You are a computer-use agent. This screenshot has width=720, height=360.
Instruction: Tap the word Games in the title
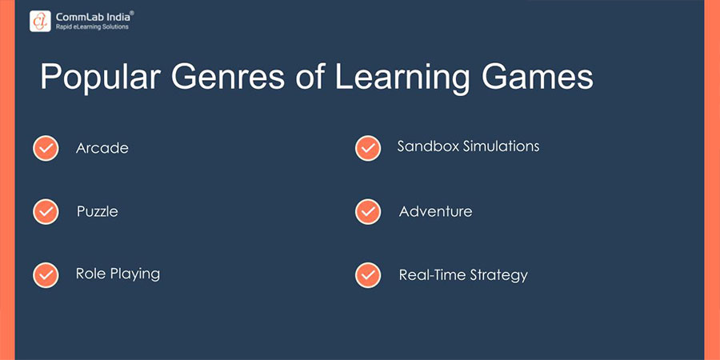coord(539,79)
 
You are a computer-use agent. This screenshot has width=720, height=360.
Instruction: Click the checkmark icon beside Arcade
coord(46,149)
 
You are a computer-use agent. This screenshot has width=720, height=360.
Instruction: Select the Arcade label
coord(102,148)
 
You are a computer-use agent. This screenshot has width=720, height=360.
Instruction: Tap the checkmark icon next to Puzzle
coord(46,212)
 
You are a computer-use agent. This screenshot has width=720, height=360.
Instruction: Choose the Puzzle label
coord(98,212)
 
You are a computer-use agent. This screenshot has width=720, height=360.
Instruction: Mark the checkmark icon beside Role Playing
coord(46,274)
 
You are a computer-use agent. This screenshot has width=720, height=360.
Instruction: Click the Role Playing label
coord(118,274)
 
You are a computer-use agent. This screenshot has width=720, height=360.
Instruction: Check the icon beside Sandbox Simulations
coord(367,148)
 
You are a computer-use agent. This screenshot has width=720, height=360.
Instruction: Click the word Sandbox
coord(427,146)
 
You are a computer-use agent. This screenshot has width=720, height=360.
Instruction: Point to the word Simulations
coord(502,146)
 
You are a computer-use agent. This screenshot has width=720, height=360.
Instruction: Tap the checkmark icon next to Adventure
coord(367,211)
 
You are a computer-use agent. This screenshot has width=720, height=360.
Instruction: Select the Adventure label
coord(435,211)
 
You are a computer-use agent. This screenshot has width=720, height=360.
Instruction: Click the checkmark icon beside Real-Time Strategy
coord(367,274)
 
